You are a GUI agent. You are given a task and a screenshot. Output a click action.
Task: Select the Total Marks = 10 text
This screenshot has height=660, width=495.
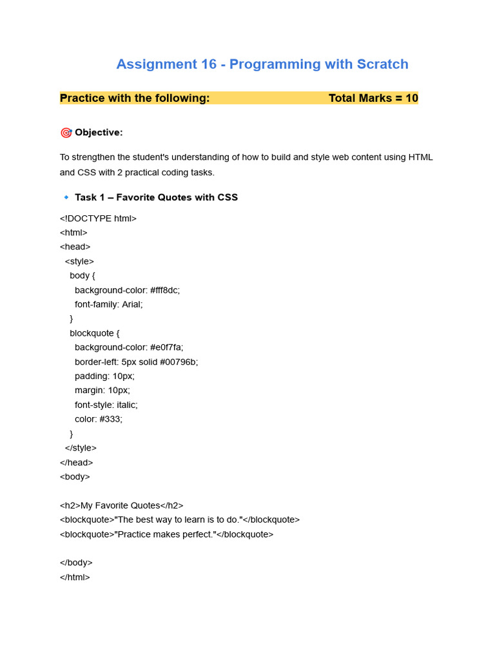373,98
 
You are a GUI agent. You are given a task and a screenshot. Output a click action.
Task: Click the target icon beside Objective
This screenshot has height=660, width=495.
66,133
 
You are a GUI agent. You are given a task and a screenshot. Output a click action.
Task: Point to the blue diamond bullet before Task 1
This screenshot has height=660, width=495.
66,197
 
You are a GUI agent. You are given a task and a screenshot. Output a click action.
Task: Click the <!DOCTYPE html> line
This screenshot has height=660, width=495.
98,218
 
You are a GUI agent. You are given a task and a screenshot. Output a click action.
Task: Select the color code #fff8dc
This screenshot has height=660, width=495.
165,290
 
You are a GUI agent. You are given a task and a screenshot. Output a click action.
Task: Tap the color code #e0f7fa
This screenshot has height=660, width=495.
166,347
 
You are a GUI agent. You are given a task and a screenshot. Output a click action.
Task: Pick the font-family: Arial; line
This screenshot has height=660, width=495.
108,304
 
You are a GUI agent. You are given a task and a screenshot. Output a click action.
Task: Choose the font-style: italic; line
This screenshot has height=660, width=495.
106,405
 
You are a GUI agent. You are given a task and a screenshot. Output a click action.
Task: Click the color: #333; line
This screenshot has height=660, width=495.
98,419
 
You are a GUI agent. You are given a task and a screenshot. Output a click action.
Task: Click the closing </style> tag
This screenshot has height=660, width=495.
81,448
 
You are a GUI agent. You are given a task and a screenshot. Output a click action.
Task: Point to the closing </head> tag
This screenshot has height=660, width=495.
76,462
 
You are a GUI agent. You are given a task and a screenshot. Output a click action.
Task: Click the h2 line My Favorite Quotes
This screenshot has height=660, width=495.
121,506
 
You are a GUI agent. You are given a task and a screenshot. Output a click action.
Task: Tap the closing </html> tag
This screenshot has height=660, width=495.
75,577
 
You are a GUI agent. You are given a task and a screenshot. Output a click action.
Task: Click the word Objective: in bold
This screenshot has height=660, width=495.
99,133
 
